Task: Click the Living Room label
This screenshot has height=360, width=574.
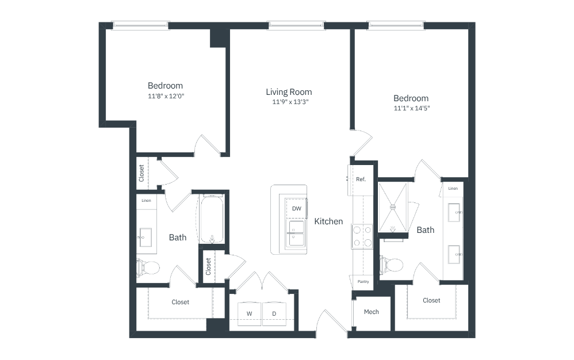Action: pos(289,92)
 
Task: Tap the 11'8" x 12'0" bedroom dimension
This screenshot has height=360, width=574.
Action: pos(166,96)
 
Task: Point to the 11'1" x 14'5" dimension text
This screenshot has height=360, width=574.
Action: pos(412,108)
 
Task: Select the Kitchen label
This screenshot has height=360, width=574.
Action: pos(329,221)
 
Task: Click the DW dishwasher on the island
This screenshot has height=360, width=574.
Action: pos(297,209)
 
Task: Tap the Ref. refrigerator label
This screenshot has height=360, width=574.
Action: pos(361,179)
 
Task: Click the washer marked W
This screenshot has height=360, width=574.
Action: pos(249,313)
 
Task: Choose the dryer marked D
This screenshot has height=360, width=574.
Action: pos(274,313)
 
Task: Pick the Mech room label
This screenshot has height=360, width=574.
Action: pos(371,312)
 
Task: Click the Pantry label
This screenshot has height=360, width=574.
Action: pos(363,282)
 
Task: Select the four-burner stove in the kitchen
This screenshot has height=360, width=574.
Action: pos(362,236)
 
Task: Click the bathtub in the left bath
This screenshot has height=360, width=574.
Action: pos(212,219)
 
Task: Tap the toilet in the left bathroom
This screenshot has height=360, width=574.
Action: pos(148,267)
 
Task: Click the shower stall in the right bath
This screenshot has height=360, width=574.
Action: pos(393,208)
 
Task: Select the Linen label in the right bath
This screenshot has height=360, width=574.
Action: pos(453,189)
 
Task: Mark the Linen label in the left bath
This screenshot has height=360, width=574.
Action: pos(147,201)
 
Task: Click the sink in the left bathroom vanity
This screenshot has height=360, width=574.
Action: pos(146,238)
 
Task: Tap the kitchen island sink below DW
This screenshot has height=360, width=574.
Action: pos(296,233)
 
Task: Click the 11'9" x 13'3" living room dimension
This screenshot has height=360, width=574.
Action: pos(290,102)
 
